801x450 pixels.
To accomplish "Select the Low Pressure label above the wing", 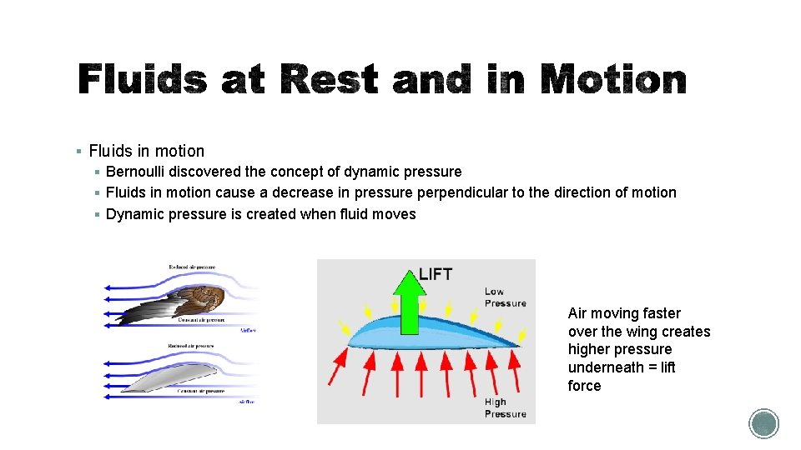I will click(x=505, y=297).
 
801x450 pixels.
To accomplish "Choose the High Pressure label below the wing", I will click(x=505, y=407).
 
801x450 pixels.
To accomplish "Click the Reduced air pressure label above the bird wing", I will click(x=191, y=267).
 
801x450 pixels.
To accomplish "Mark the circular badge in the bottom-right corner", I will click(x=763, y=424).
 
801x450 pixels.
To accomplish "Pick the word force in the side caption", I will click(x=584, y=386).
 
